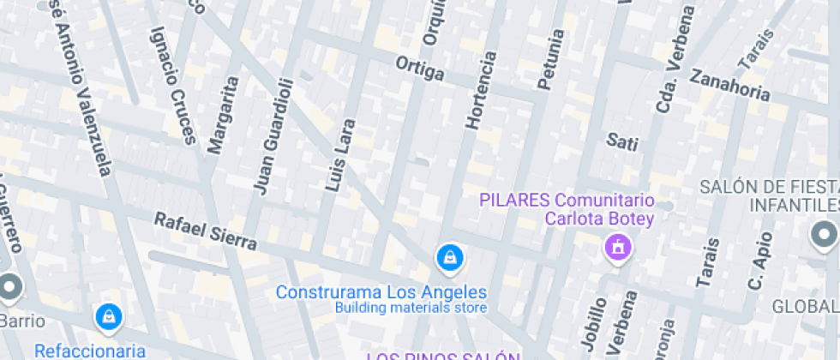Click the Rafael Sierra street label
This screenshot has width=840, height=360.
205,231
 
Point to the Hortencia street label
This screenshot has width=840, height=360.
480,91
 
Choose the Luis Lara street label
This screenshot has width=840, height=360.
340,155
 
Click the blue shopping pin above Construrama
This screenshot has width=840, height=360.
449,256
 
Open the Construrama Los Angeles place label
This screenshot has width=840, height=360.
381,292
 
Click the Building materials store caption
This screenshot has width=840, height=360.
411,308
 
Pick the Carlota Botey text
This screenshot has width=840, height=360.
600,219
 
